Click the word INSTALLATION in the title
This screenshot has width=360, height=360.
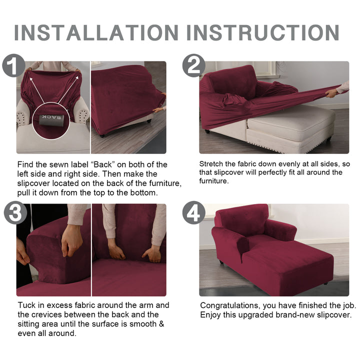click(x=96, y=32)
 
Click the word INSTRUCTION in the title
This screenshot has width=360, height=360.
click(x=263, y=32)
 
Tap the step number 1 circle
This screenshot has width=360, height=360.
click(x=13, y=65)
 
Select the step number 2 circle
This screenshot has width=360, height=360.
click(x=194, y=65)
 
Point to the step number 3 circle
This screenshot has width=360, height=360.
click(x=15, y=213)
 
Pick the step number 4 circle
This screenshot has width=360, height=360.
click(x=194, y=212)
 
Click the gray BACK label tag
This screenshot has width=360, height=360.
click(x=51, y=119)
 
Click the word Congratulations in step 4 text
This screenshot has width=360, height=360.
click(x=230, y=305)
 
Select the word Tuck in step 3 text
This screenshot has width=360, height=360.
click(x=26, y=305)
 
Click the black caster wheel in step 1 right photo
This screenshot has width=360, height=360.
click(x=102, y=135)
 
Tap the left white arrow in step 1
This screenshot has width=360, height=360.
click(x=36, y=90)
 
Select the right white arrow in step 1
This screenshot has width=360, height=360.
click(x=68, y=90)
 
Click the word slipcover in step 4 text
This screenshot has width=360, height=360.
click(x=334, y=315)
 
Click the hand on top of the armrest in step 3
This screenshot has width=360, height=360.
click(x=72, y=240)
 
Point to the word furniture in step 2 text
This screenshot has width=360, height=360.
click(x=214, y=181)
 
